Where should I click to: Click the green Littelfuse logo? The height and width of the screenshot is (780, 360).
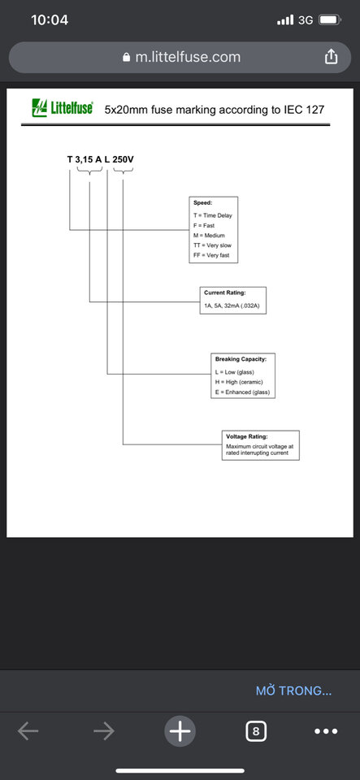pos(62,107)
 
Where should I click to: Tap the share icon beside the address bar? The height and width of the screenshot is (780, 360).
pos(332,57)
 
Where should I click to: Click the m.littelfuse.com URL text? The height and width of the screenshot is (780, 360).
pos(188,57)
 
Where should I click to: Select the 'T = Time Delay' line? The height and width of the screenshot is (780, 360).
pos(213,215)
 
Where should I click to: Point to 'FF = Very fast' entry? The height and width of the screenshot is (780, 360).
pos(211,255)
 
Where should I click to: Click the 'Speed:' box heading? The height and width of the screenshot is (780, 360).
pos(203,203)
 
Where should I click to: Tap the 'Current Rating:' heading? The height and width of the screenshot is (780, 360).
pos(225,292)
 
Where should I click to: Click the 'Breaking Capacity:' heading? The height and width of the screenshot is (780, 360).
pos(241,358)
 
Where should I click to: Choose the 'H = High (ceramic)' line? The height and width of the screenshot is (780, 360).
pos(239,382)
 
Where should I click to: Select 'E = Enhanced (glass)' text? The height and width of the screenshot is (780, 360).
pos(242,392)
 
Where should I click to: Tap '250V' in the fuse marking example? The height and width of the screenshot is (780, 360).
pos(124,160)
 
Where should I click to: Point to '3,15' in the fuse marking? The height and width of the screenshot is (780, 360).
pos(84,160)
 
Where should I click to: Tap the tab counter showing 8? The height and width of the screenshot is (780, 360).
pos(256,731)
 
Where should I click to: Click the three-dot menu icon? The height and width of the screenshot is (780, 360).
pos(326,731)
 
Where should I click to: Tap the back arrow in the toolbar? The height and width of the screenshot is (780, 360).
pos(28,730)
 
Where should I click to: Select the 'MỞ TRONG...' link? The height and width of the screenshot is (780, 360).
pos(294,691)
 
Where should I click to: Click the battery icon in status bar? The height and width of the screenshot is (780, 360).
pos(330,19)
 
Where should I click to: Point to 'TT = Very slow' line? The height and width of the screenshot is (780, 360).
pos(212,245)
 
